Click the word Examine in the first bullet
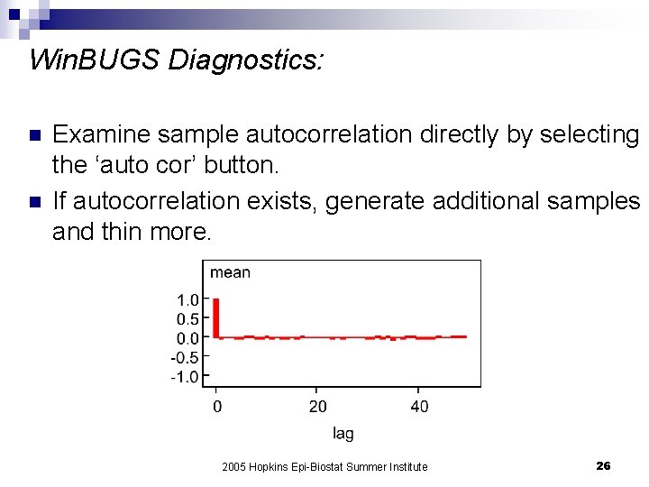pos(99,134)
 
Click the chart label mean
pos(230,272)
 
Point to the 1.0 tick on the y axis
pos(187,300)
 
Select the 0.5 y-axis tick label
pos(187,319)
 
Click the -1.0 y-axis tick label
pos(185,377)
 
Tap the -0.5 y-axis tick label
pos(185,358)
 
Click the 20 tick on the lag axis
pos(317,407)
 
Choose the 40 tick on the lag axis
pos(419,407)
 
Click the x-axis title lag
pos(343,434)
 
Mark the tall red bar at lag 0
pos(216,317)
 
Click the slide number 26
pos(603,465)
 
